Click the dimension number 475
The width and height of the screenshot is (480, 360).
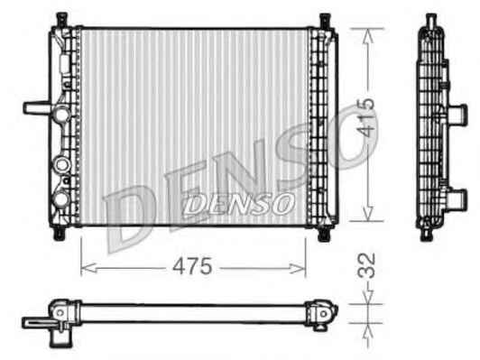(192, 266)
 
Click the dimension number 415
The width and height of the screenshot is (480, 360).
(366, 116)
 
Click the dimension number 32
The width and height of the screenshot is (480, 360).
(366, 265)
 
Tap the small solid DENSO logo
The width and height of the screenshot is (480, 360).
(238, 204)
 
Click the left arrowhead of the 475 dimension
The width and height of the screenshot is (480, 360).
(89, 269)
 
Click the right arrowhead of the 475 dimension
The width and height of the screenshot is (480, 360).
(298, 269)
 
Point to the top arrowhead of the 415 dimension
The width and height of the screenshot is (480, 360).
(367, 37)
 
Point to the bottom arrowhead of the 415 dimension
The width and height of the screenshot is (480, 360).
(367, 212)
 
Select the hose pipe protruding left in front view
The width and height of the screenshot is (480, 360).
(37, 107)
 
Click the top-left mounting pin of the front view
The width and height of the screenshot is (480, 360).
(62, 20)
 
